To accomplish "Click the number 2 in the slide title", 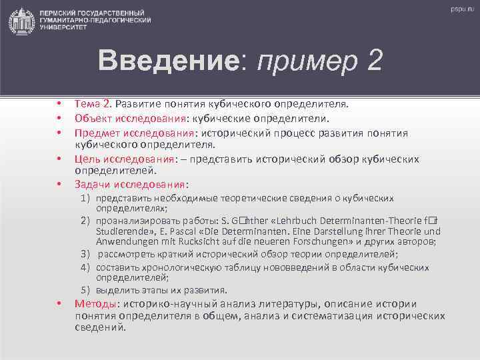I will (373, 61).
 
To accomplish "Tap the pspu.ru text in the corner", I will (461, 10).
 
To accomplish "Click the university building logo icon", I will (22, 22).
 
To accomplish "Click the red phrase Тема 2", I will (93, 104).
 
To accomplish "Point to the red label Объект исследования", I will (131, 119).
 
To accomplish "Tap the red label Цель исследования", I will (125, 159).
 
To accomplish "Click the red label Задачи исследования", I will (130, 184).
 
